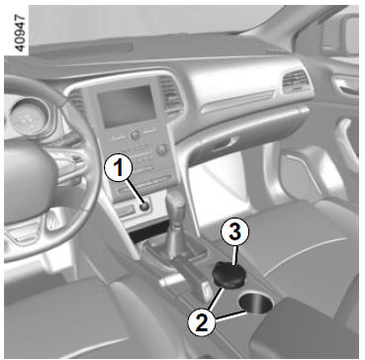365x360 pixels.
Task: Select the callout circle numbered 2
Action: point(201,319)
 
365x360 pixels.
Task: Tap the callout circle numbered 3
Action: point(234,233)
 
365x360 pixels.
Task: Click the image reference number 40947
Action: point(20,33)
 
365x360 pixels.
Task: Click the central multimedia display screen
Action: point(127,106)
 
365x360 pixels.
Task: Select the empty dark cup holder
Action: point(256,304)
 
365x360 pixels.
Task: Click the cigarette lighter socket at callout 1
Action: point(144,207)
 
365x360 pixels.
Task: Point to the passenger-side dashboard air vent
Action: point(296,82)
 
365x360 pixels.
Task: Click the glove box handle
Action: point(226,143)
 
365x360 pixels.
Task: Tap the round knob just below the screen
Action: point(135,135)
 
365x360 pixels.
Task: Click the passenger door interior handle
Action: point(343,86)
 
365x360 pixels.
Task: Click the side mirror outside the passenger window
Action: point(346,37)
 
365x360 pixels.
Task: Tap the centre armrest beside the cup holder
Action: point(304,326)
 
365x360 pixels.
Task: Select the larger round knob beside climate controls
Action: point(162,150)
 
